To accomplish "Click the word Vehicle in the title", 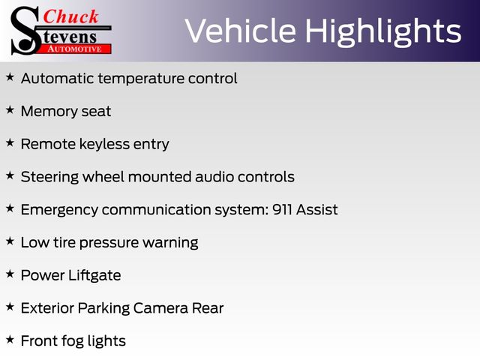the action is pyautogui.click(x=241, y=30).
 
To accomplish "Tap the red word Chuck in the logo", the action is pyautogui.click(x=70, y=16).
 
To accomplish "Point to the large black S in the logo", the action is pyautogui.click(x=25, y=31).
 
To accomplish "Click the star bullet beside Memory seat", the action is pyautogui.click(x=10, y=109).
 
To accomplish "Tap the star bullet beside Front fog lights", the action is pyautogui.click(x=10, y=339).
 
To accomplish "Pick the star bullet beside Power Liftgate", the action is pyautogui.click(x=10, y=274).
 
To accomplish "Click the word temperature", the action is pyautogui.click(x=141, y=79).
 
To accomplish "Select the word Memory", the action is pyautogui.click(x=49, y=112).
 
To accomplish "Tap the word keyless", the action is pyautogui.click(x=104, y=144).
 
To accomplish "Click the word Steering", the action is pyautogui.click(x=49, y=177).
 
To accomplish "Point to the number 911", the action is pyautogui.click(x=282, y=210).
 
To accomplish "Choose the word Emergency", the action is pyautogui.click(x=59, y=210).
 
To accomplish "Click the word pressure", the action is pyautogui.click(x=109, y=243).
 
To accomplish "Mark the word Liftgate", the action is pyautogui.click(x=94, y=275).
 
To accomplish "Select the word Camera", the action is pyautogui.click(x=160, y=308).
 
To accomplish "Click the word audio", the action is pyautogui.click(x=214, y=177).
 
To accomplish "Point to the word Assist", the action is pyautogui.click(x=316, y=210).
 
